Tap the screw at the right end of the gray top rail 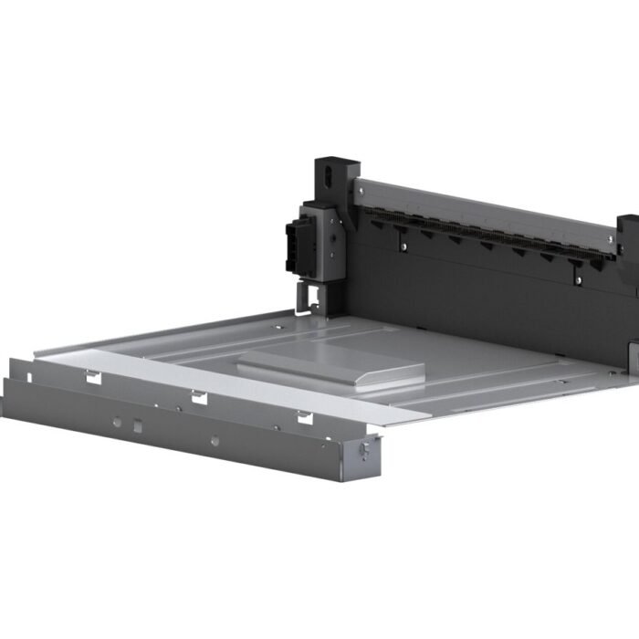pos(606,240)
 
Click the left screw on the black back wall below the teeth pos(403,245)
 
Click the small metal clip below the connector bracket pos(307,296)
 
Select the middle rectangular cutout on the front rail pos(197,395)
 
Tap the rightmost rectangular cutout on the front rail pos(303,417)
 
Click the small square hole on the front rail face pos(137,425)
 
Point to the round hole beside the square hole pos(118,422)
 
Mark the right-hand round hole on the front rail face pos(214,441)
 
